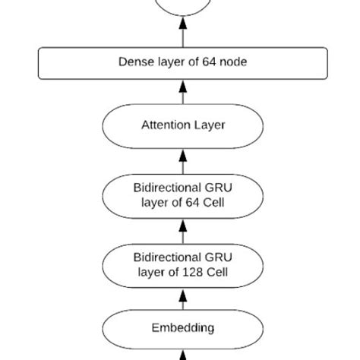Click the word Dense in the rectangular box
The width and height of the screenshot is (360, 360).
135,62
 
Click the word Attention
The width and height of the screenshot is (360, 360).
166,125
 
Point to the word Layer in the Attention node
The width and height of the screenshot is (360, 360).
209,125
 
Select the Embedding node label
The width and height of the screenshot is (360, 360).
183,328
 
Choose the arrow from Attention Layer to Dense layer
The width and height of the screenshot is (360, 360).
183,92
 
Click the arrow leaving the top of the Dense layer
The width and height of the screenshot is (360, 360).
183,34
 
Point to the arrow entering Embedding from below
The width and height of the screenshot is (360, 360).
183,354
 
